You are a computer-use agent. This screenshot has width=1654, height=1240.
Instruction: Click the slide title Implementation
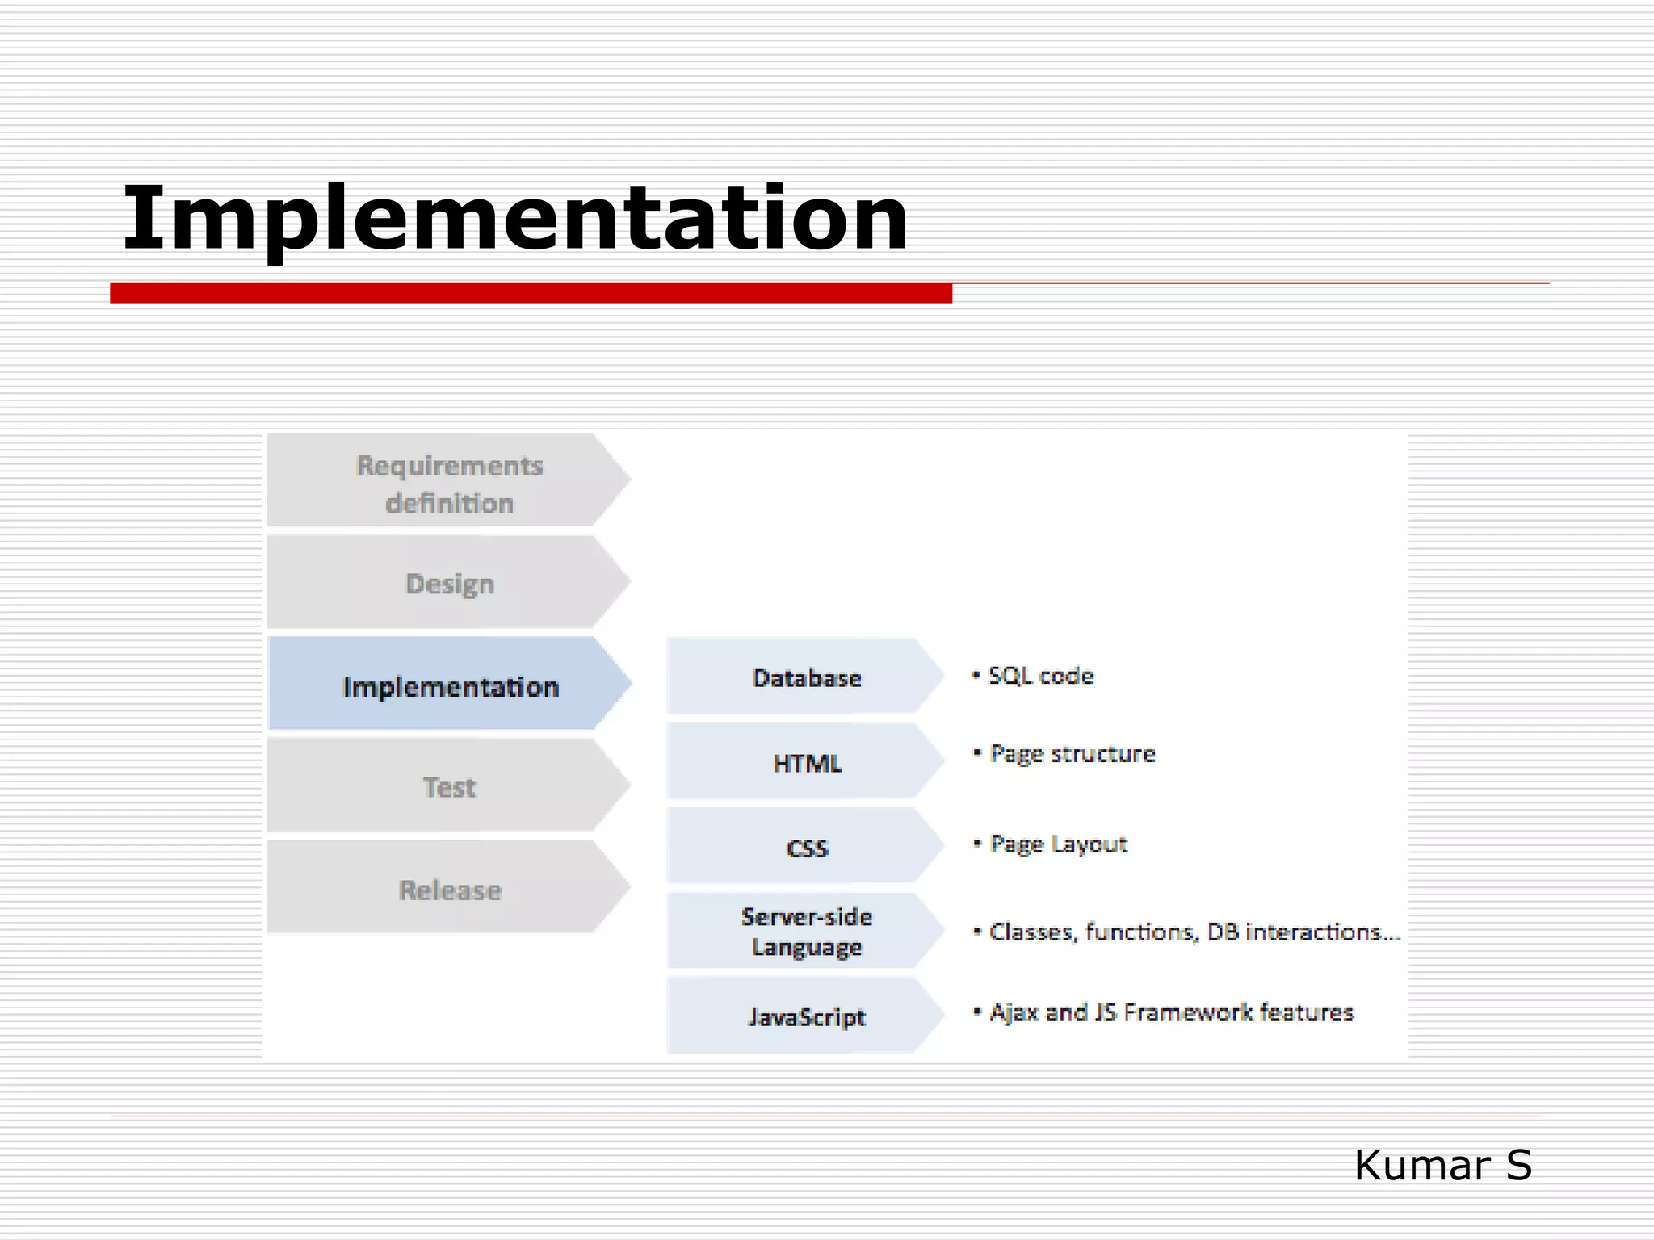tap(514, 218)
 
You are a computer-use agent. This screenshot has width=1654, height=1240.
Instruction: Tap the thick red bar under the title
tap(531, 293)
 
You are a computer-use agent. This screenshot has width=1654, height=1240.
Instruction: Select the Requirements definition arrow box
tap(448, 483)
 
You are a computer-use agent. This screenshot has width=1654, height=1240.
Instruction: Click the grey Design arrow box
tap(448, 583)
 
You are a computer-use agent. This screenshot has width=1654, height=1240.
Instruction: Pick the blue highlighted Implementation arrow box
tap(450, 686)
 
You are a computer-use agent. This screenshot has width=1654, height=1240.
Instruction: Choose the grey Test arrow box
tap(448, 786)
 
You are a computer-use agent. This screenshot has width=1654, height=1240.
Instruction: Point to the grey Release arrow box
tap(448, 889)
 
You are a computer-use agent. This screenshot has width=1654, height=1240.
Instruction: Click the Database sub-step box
tap(805, 677)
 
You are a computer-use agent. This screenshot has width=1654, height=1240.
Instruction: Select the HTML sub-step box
tap(805, 762)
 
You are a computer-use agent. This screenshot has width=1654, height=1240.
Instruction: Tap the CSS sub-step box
tap(805, 848)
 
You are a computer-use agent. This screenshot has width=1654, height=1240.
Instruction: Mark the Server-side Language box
tap(805, 932)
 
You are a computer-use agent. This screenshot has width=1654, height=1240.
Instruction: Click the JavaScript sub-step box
tap(805, 1016)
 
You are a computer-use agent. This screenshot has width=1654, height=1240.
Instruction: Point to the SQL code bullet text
tap(1040, 676)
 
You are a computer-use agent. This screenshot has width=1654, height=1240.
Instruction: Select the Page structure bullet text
tap(1072, 753)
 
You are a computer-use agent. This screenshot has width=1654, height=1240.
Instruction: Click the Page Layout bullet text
tap(1058, 844)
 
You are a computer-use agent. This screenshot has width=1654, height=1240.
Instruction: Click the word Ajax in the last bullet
tap(1014, 1012)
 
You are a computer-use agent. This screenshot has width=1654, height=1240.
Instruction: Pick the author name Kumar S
tap(1442, 1165)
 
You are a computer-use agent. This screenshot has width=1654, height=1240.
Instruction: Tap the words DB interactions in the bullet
tap(1303, 932)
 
